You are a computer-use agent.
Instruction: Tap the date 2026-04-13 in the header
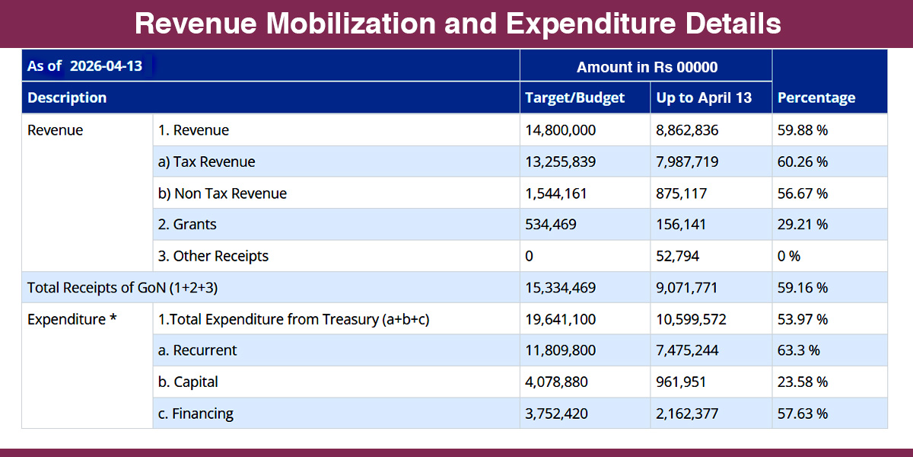pyautogui.click(x=106, y=66)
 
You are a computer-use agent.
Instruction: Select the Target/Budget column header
pyautogui.click(x=574, y=97)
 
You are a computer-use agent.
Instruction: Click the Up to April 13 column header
pyautogui.click(x=704, y=97)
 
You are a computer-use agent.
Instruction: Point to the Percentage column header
pyautogui.click(x=816, y=97)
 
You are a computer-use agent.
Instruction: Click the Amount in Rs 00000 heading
pyautogui.click(x=647, y=67)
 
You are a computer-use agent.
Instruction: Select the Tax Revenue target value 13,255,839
pyautogui.click(x=560, y=162)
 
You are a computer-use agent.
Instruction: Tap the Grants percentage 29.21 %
pyautogui.click(x=803, y=225)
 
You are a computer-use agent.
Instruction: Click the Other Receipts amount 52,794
pyautogui.click(x=677, y=256)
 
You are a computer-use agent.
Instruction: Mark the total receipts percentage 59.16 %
pyautogui.click(x=803, y=288)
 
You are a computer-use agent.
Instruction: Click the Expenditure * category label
pyautogui.click(x=72, y=319)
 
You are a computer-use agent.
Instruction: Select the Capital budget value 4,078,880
pyautogui.click(x=555, y=382)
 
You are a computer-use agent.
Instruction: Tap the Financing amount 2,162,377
pyautogui.click(x=687, y=414)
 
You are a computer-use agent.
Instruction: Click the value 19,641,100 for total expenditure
pyautogui.click(x=560, y=319)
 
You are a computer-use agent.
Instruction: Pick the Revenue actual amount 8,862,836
pyautogui.click(x=687, y=130)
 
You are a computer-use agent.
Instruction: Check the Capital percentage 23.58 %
pyautogui.click(x=803, y=382)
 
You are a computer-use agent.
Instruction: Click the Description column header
pyautogui.click(x=67, y=97)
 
